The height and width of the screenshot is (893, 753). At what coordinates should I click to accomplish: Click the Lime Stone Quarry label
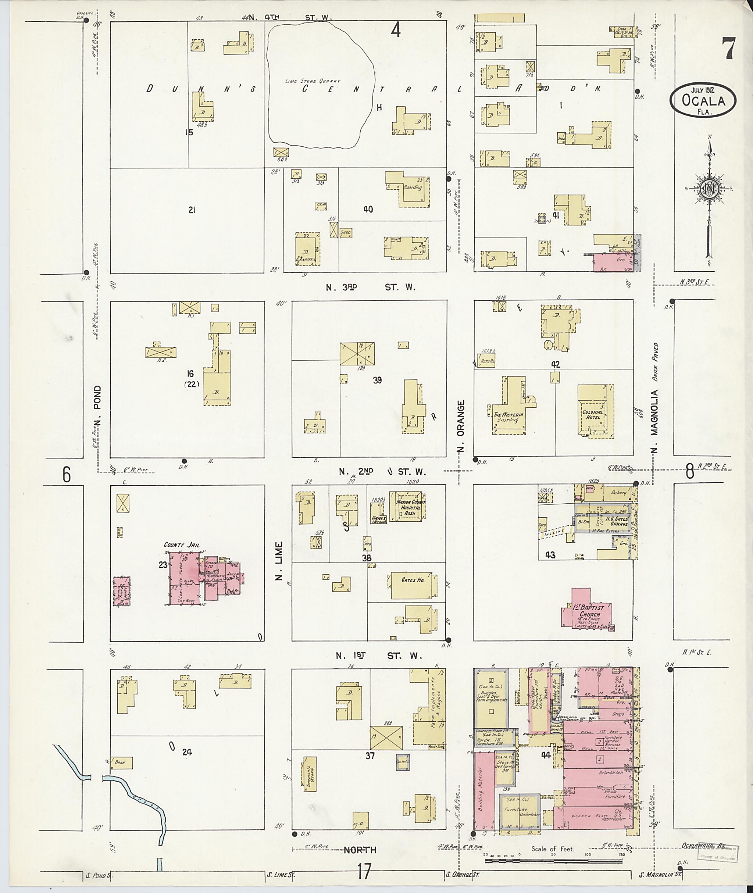click(x=313, y=81)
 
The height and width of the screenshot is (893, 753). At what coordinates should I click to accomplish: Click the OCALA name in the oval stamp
click(x=703, y=101)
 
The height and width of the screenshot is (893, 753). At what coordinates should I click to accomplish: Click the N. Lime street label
click(x=279, y=561)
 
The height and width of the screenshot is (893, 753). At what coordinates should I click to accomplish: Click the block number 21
click(x=192, y=210)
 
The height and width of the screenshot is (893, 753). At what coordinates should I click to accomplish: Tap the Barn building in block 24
click(x=122, y=762)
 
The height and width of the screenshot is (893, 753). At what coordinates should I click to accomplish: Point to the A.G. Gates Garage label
click(x=618, y=521)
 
